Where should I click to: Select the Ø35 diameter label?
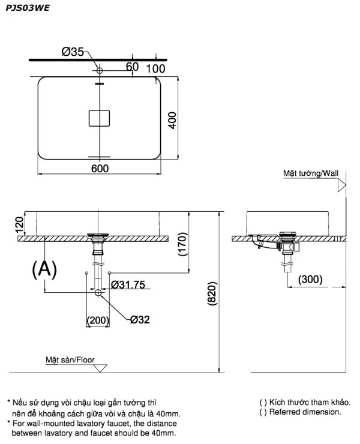(73, 52)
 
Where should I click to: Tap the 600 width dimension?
(100, 169)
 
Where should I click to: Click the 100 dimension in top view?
(155, 68)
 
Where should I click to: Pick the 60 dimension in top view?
(132, 67)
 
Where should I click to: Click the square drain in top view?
(100, 118)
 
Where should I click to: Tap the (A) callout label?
(44, 270)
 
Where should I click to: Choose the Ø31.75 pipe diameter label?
(128, 285)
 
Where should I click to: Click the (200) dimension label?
(98, 320)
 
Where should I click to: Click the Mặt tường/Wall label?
(311, 173)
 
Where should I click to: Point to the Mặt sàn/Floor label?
(70, 360)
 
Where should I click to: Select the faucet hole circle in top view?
(100, 71)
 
